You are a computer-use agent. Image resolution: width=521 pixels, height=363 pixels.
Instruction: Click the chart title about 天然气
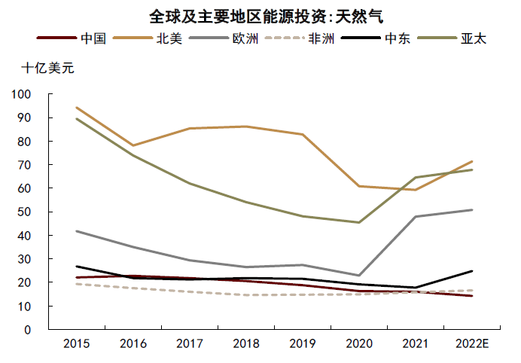[267, 17]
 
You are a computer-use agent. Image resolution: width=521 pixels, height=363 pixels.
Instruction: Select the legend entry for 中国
[71, 38]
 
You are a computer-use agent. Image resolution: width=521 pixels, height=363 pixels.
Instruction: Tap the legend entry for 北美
[148, 38]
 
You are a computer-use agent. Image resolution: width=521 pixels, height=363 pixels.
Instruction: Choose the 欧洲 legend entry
[224, 38]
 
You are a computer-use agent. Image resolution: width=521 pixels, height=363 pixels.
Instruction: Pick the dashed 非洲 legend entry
[300, 38]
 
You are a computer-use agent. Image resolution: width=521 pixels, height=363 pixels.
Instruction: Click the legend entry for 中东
[376, 38]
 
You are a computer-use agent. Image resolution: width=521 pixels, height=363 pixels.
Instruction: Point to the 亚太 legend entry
[452, 38]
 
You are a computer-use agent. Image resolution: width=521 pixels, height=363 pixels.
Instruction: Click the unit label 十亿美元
[48, 68]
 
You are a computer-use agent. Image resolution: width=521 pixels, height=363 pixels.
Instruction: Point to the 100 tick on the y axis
[21, 94]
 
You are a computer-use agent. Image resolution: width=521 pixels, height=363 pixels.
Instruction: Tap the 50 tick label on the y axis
[24, 212]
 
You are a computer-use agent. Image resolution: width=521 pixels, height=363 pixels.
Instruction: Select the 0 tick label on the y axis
[28, 330]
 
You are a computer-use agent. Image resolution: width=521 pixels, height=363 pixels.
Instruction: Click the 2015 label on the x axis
[77, 343]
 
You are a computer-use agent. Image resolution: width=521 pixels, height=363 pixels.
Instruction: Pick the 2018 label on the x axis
[246, 343]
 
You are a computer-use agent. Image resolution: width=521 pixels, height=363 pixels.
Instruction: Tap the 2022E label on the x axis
[472, 343]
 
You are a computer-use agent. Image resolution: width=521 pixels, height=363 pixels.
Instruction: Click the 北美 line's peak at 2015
[77, 108]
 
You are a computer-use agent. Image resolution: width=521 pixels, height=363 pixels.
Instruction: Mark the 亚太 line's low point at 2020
[359, 222]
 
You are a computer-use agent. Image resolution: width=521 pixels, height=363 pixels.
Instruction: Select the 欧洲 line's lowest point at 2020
[359, 275]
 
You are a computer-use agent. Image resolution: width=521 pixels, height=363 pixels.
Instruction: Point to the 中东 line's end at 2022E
[472, 271]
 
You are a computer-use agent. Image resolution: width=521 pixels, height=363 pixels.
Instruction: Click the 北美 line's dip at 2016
[133, 145]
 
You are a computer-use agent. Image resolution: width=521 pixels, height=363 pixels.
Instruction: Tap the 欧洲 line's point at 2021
[416, 217]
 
